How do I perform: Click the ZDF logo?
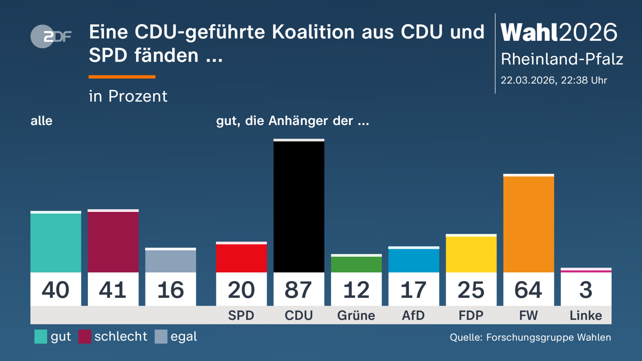pos(51,36)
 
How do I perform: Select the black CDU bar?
pos(299,206)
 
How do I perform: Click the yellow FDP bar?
pos(471,254)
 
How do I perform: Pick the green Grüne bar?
pos(356,264)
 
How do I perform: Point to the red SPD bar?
pos(241,258)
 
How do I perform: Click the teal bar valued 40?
pos(56,242)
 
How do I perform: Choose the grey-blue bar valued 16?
pos(170,261)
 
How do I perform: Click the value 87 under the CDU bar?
pos(299,290)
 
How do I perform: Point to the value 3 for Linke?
pos(586,290)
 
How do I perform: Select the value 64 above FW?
pos(528,290)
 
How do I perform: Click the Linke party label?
pos(586,316)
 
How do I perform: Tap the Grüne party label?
pos(356,316)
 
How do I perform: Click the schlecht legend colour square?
pos(85,336)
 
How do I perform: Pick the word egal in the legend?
pos(184,336)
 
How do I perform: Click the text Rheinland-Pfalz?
pos(562,59)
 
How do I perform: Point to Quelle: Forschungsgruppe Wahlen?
pos(530,337)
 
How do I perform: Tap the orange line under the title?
pos(122,77)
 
